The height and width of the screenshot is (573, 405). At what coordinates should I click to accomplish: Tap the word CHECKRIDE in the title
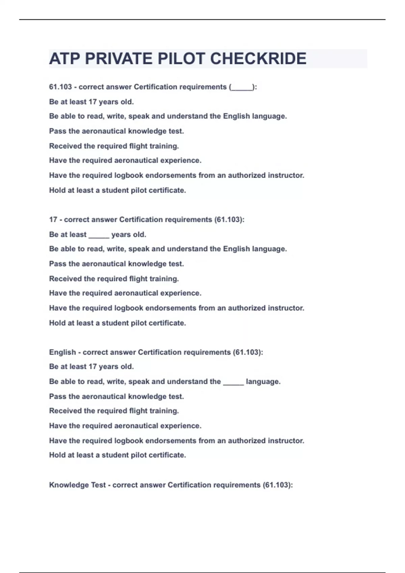pyautogui.click(x=258, y=59)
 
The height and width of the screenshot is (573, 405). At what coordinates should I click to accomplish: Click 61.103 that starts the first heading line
pyautogui.click(x=60, y=87)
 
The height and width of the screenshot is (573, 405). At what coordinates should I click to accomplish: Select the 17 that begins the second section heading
pyautogui.click(x=53, y=220)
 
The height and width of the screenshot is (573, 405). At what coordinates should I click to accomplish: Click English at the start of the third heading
pyautogui.click(x=62, y=353)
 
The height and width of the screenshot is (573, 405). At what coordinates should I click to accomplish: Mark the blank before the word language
pyautogui.click(x=233, y=382)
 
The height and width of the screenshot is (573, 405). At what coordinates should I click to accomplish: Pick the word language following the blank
pyautogui.click(x=263, y=382)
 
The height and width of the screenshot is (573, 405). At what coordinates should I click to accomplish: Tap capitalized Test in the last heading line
pyautogui.click(x=98, y=485)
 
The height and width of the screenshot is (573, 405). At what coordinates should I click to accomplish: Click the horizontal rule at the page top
pyautogui.click(x=202, y=20)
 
